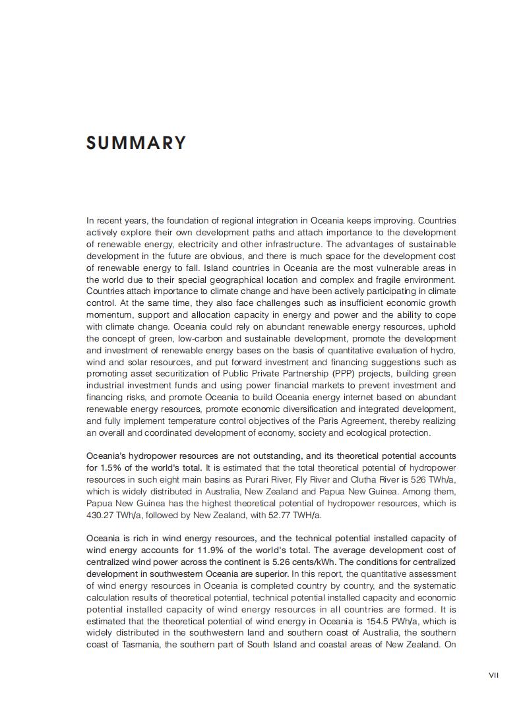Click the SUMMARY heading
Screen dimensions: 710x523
tap(137, 143)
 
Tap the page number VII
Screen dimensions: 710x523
tap(494, 674)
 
